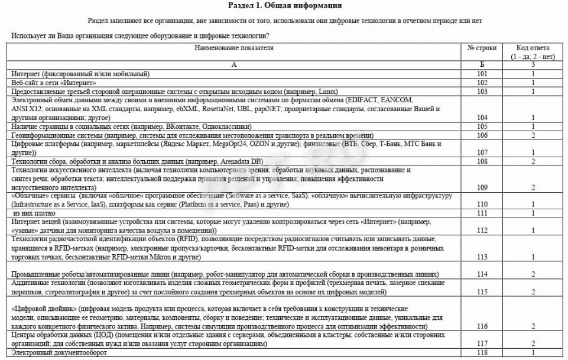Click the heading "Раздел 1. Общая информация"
click(x=284, y=6)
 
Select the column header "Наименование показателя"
click(x=234, y=48)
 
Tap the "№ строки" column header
click(x=482, y=48)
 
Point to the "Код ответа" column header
click(x=533, y=48)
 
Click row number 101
click(x=482, y=74)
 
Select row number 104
click(x=482, y=118)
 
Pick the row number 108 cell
click(x=482, y=161)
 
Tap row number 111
click(x=482, y=213)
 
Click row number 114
click(x=482, y=274)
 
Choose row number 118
click(x=482, y=353)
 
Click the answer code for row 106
click(x=533, y=135)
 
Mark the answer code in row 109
click(x=533, y=187)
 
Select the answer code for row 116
click(x=533, y=326)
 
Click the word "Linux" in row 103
click(x=327, y=92)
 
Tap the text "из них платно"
click(x=35, y=213)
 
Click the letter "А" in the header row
click(x=234, y=65)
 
